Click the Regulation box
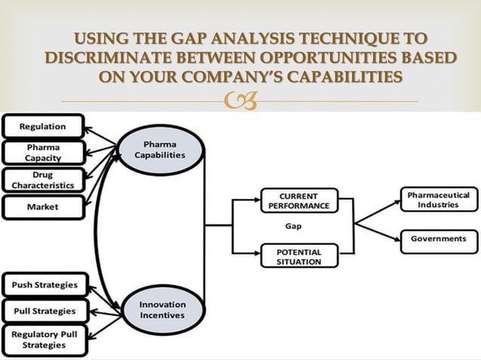click(x=43, y=127)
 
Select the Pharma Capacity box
click(x=43, y=153)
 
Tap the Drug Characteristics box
click(x=43, y=179)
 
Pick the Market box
click(x=43, y=206)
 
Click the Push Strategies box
click(x=44, y=285)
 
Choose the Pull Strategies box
click(x=44, y=310)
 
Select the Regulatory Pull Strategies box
click(x=44, y=340)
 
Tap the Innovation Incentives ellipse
click(x=162, y=310)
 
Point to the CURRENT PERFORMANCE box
click(x=299, y=200)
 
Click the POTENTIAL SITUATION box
click(x=299, y=256)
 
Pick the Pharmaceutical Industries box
click(x=438, y=200)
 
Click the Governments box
click(x=438, y=239)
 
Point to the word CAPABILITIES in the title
click(x=338, y=78)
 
